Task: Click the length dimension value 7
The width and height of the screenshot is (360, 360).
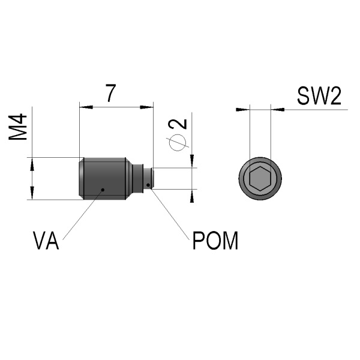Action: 110,93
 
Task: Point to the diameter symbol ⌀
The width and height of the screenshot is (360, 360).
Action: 178,142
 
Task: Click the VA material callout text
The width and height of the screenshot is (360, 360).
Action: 46,241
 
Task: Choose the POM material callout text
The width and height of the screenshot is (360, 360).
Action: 215,241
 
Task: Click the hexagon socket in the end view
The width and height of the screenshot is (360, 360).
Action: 259,179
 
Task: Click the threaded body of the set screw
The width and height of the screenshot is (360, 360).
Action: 103,178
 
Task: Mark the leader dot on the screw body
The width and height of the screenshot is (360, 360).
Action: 103,190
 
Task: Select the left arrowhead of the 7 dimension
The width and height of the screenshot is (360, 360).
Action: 85,107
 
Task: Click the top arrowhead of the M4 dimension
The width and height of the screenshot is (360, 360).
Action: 29,163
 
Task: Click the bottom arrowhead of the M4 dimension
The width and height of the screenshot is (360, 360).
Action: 29,194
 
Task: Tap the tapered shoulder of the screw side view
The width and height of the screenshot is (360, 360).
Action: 128,178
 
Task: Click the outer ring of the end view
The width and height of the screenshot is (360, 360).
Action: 242,179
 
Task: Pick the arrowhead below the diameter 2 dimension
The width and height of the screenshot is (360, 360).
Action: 193,195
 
